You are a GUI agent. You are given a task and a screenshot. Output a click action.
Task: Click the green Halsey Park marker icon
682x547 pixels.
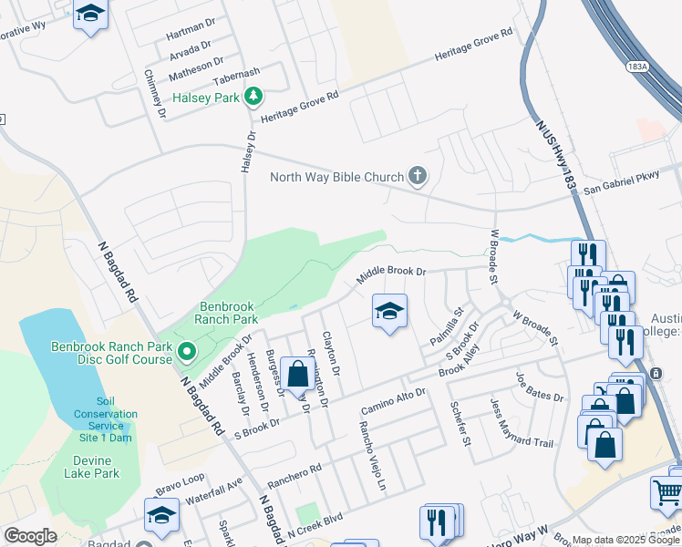coord(253,97)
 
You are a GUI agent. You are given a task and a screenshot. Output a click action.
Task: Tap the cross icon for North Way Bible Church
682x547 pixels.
coord(418,176)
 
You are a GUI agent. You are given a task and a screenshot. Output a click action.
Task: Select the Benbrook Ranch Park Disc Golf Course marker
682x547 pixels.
coord(187,350)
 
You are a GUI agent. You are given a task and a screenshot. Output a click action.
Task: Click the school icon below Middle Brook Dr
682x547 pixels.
coord(389,312)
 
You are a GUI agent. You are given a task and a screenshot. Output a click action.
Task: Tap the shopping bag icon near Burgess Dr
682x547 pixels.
coord(297,373)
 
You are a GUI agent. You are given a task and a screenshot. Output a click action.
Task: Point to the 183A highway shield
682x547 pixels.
coord(637,67)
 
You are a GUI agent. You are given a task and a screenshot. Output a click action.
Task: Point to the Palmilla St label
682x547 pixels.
coord(448,327)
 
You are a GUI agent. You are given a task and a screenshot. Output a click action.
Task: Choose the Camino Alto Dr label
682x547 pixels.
coord(393,397)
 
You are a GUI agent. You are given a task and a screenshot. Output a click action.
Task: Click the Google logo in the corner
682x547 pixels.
coord(30,536)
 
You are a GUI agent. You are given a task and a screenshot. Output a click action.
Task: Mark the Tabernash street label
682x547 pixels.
coord(237,73)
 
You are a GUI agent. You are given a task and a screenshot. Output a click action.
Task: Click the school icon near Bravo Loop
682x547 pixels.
coord(161,515)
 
